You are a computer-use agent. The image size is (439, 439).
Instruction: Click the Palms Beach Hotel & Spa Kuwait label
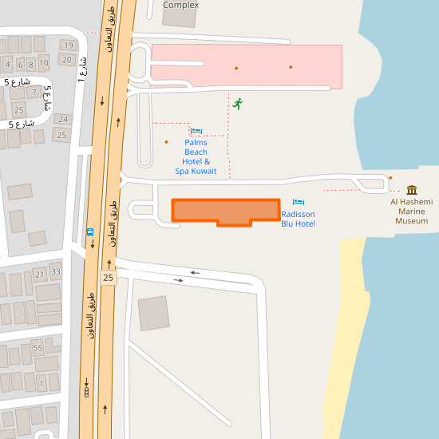[196, 156]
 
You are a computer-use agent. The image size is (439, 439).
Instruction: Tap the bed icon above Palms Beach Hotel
[196, 131]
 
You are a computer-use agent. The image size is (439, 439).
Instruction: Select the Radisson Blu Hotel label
[298, 219]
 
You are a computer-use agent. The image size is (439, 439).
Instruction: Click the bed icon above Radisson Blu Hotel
[299, 202]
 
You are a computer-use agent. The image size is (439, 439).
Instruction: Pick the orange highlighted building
[226, 211]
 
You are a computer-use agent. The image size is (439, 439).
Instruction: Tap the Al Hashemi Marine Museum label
[411, 212]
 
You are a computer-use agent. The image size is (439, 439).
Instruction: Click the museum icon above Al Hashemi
[412, 190]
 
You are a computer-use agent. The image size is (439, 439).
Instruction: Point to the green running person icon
[237, 104]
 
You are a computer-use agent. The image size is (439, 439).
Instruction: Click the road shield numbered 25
[109, 277]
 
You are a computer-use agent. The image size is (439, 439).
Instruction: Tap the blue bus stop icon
[90, 232]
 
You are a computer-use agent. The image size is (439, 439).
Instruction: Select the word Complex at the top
[180, 5]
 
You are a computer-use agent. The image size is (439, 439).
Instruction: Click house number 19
[68, 45]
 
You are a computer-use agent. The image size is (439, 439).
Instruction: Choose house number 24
[63, 120]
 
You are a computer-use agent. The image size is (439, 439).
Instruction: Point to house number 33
[55, 271]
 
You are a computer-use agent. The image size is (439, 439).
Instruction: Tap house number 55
[38, 347]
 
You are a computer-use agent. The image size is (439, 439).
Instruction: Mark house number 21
[39, 275]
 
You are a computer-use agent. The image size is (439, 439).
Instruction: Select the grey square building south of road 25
[153, 313]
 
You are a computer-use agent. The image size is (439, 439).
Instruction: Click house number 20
[67, 60]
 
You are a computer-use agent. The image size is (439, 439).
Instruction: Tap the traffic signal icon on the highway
[85, 392]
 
